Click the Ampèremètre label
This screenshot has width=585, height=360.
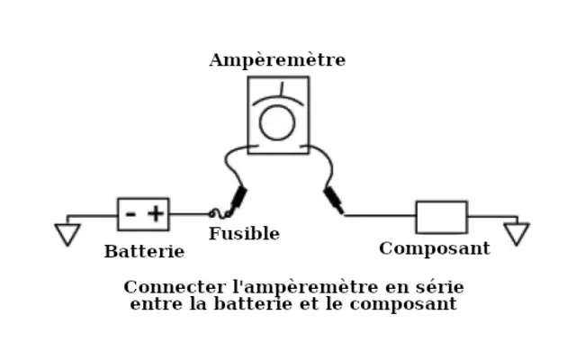click(x=276, y=60)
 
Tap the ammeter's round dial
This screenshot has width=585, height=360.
click(x=277, y=124)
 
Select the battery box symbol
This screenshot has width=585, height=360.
click(x=143, y=214)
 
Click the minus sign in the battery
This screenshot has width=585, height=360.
click(x=130, y=214)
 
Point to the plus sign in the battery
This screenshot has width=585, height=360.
click(x=156, y=214)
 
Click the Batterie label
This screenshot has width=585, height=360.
click(x=144, y=251)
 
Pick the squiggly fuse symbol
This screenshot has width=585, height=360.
click(x=219, y=214)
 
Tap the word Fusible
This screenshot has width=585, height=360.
click(x=244, y=234)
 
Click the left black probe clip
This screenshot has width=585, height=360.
click(x=238, y=197)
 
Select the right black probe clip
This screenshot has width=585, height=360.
click(x=333, y=200)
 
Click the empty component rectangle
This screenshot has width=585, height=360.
click(x=441, y=217)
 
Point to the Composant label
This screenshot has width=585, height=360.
click(x=434, y=248)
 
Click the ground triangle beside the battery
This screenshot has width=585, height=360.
click(x=67, y=234)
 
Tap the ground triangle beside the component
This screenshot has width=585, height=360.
click(x=517, y=234)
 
